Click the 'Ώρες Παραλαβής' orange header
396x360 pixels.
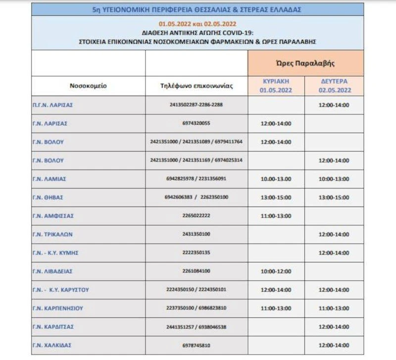(305, 63)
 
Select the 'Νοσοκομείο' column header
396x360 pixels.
(88, 86)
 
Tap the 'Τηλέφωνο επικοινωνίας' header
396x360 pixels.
(197, 86)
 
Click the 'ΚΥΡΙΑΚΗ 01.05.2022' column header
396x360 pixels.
(276, 86)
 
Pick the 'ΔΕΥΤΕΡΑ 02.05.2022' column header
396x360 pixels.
(334, 86)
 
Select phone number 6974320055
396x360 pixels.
(197, 123)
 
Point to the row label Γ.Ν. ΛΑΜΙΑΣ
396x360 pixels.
(49, 179)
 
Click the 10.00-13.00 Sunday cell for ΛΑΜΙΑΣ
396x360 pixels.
(276, 179)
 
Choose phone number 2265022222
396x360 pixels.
(197, 216)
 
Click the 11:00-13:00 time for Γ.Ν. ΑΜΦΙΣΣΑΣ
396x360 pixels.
(276, 216)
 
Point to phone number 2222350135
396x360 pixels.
(197, 253)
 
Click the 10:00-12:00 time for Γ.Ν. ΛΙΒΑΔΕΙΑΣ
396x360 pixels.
(276, 271)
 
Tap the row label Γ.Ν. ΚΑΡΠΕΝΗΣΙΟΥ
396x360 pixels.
(57, 308)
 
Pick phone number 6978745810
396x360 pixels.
(197, 345)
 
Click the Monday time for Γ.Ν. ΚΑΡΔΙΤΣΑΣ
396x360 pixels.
(334, 327)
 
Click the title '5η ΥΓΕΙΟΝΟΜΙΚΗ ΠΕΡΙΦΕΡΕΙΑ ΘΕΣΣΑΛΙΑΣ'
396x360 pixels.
(197, 9)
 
